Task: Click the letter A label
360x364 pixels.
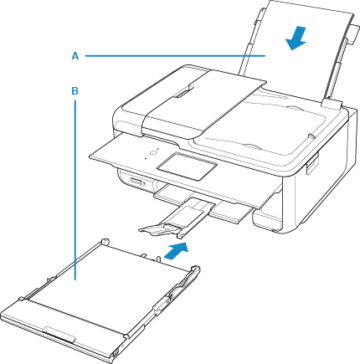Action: point(75,56)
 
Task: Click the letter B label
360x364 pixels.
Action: point(75,91)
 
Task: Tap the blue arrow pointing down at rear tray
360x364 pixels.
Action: point(296,38)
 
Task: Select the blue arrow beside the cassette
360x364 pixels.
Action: point(176,251)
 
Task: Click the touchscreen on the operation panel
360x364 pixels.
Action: point(187,166)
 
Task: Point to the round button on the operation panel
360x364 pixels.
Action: point(152,152)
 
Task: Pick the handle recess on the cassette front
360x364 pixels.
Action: point(59,334)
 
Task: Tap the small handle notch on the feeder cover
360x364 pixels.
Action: point(182,92)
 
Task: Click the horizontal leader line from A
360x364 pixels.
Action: point(175,56)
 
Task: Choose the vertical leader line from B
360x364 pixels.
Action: point(75,190)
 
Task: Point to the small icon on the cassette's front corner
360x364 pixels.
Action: point(116,354)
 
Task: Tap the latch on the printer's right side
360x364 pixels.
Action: point(312,165)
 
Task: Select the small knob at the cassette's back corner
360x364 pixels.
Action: point(105,241)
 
